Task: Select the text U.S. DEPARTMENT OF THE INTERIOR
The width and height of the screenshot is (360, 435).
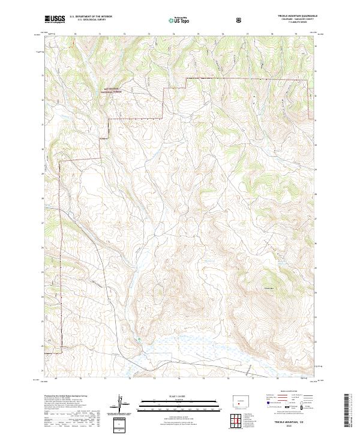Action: [x=91, y=17]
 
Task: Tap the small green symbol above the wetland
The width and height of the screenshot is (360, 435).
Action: [x=139, y=340]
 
